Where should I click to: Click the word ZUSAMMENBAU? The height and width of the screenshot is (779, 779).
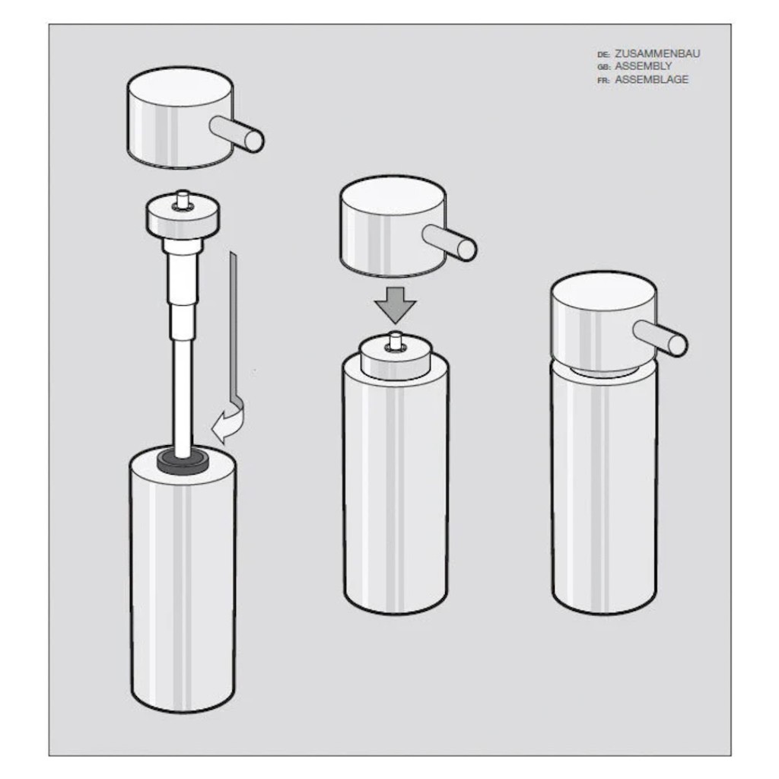(x=657, y=54)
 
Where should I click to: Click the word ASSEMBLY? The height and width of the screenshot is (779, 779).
(x=644, y=66)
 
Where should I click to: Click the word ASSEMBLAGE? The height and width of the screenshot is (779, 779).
(x=651, y=79)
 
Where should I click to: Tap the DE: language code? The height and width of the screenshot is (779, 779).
(x=603, y=55)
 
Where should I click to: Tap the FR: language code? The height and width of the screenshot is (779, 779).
(x=603, y=81)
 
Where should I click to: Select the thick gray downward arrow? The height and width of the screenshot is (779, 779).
(x=395, y=305)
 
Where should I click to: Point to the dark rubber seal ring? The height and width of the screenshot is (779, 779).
(x=183, y=462)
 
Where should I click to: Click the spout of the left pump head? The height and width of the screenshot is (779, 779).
(x=237, y=132)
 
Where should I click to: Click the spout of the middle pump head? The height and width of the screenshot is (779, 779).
(x=450, y=242)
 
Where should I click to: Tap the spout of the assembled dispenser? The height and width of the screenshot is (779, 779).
(x=661, y=338)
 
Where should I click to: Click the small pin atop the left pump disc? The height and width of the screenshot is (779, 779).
(x=183, y=197)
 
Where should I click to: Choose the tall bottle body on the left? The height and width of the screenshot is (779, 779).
(x=183, y=579)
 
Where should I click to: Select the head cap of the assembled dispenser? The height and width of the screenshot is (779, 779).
(x=603, y=323)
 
